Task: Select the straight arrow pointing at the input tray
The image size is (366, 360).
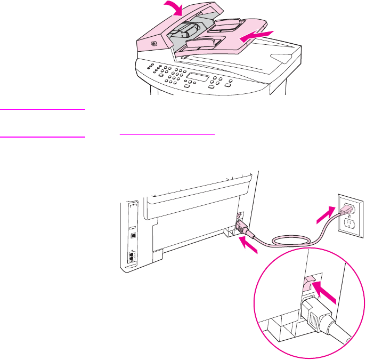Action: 257,36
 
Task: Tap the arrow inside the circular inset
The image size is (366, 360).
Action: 321,291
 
